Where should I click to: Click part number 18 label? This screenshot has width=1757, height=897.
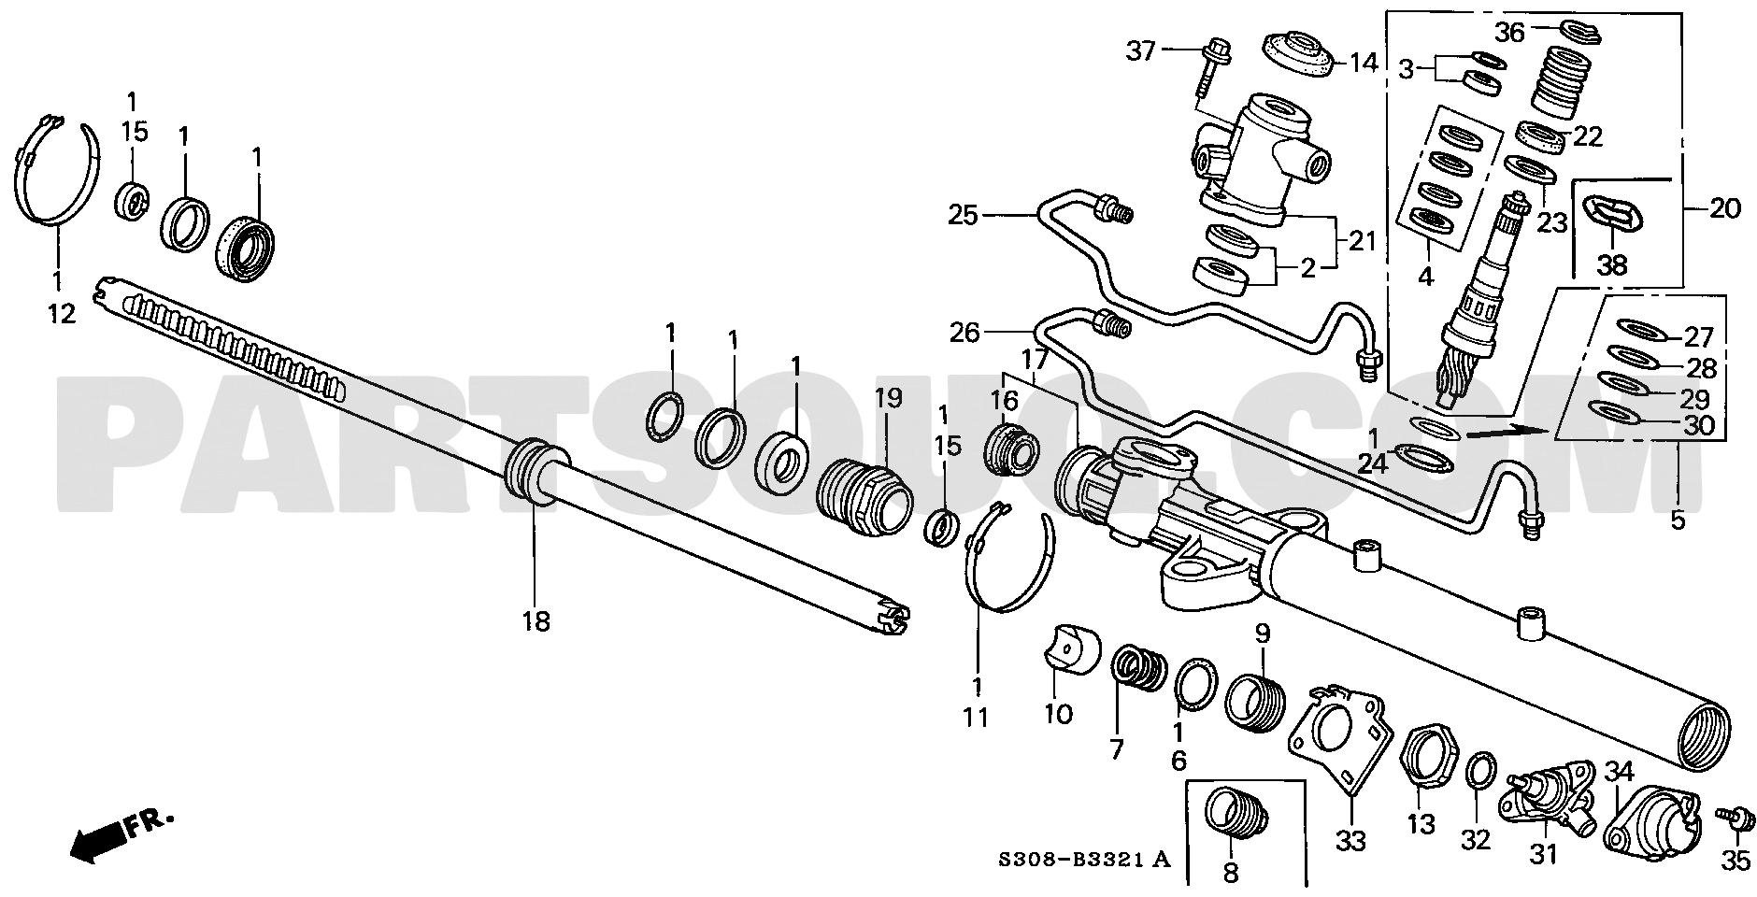click(536, 620)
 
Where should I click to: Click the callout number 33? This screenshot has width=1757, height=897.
click(1351, 840)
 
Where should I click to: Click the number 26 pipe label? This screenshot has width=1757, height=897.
click(964, 331)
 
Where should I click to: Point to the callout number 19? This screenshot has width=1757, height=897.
click(888, 398)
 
